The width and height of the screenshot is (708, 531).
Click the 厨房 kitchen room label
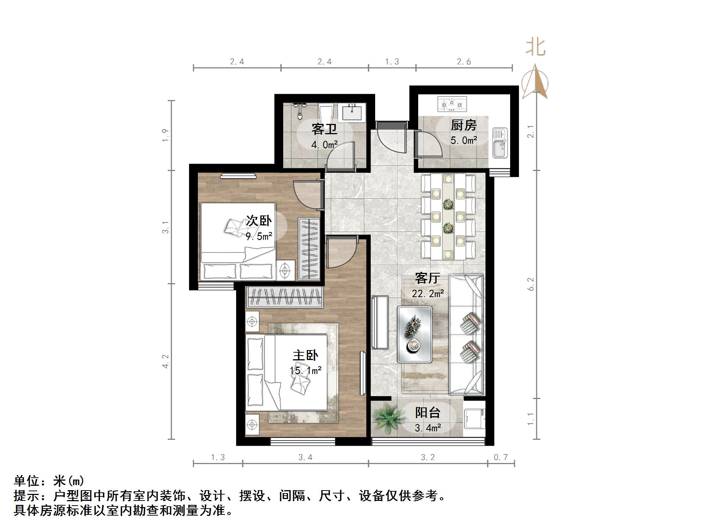pyautogui.click(x=463, y=126)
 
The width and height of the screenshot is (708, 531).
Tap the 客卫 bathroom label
pyautogui.click(x=324, y=129)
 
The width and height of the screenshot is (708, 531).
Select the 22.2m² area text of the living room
pyautogui.click(x=428, y=294)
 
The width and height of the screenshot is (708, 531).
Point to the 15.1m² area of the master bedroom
pyautogui.click(x=306, y=371)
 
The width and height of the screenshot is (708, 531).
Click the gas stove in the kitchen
pyautogui.click(x=452, y=104)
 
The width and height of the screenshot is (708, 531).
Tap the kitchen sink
pyautogui.click(x=500, y=143)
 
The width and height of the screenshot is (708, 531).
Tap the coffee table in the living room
pyautogui.click(x=415, y=334)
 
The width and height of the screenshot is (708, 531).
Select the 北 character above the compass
pyautogui.click(x=536, y=48)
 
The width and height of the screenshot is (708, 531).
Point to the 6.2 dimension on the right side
pyautogui.click(x=530, y=284)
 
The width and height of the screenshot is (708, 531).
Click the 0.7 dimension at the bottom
pyautogui.click(x=501, y=457)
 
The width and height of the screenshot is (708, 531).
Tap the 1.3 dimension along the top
pyautogui.click(x=392, y=62)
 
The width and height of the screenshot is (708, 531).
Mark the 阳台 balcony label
pyautogui.click(x=428, y=413)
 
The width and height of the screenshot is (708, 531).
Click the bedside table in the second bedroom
pyautogui.click(x=285, y=271)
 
